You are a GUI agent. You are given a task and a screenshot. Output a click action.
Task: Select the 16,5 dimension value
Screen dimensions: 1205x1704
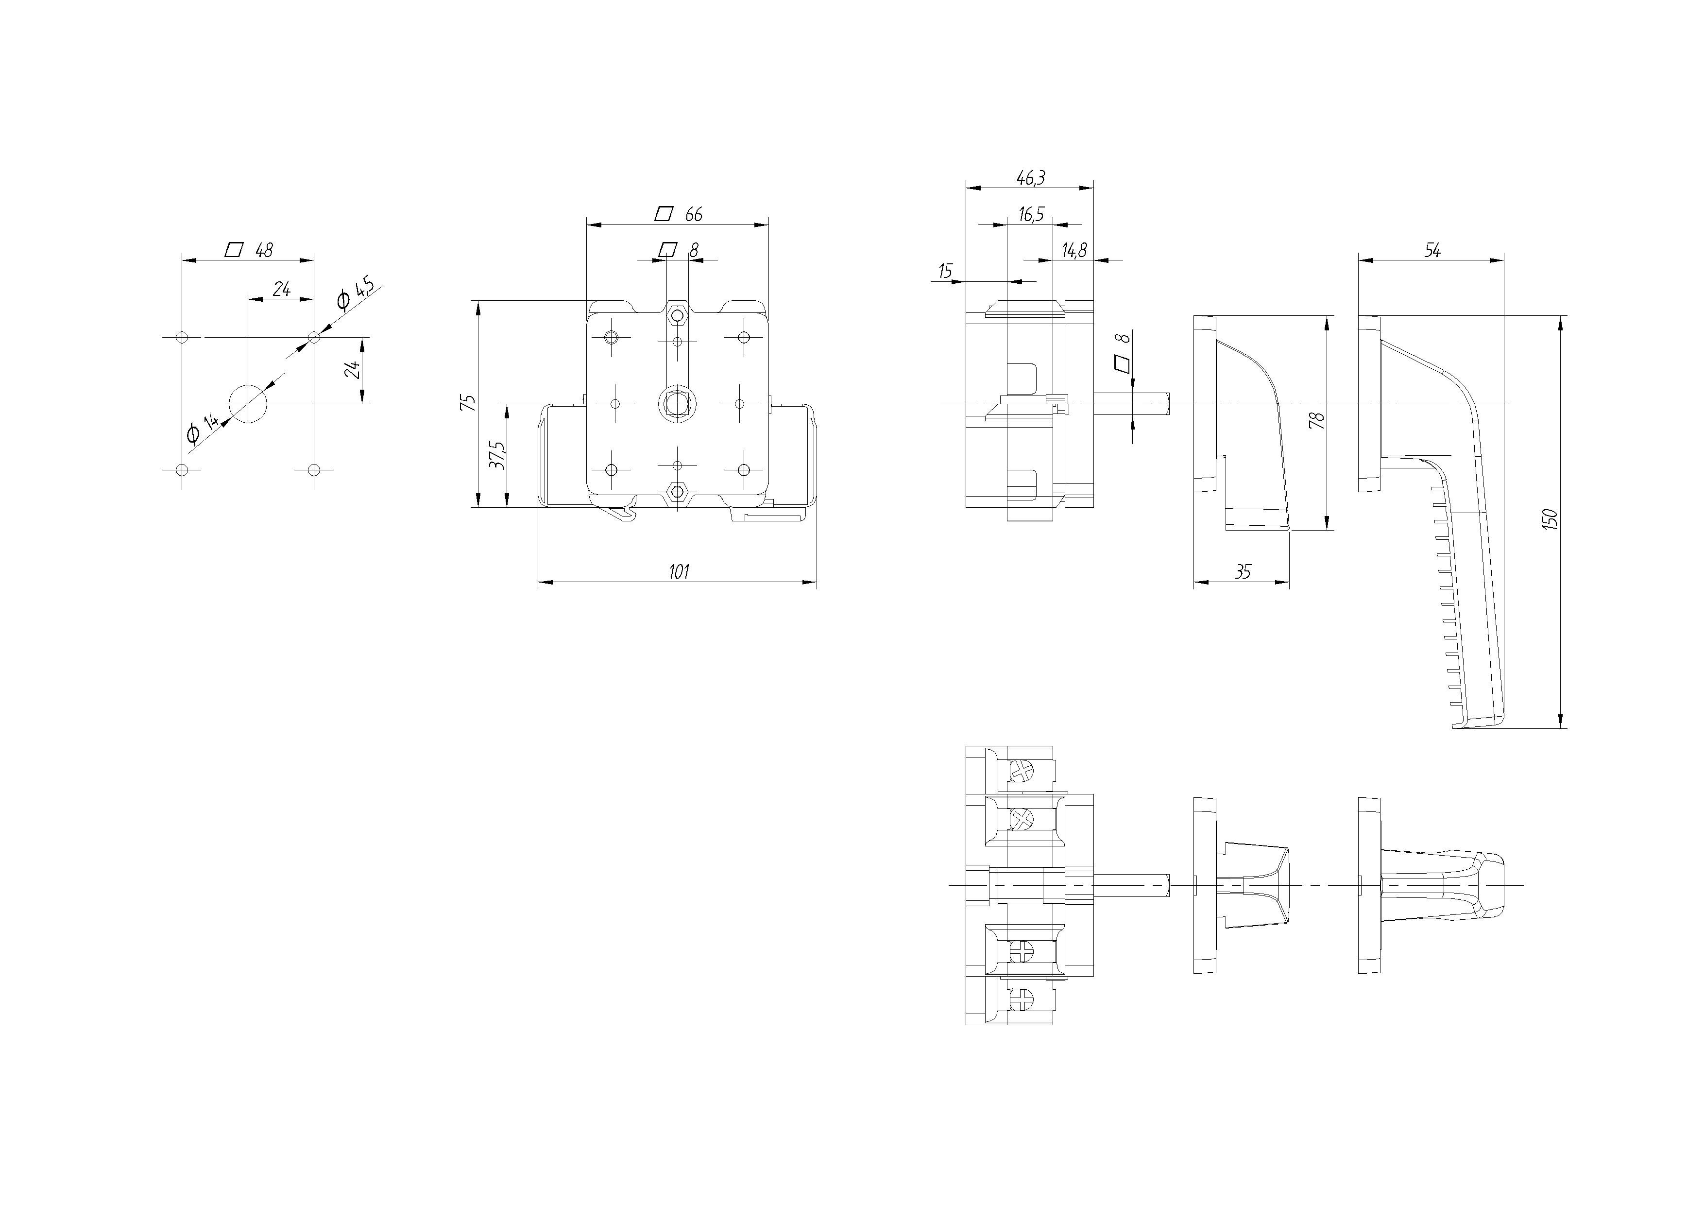pyautogui.click(x=1031, y=215)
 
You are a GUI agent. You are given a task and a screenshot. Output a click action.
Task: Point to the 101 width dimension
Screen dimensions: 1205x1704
pyautogui.click(x=678, y=572)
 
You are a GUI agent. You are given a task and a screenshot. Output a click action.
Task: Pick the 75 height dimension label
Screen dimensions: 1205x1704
pyautogui.click(x=468, y=403)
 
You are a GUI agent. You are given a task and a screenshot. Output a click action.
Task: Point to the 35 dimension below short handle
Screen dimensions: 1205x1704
pyautogui.click(x=1243, y=572)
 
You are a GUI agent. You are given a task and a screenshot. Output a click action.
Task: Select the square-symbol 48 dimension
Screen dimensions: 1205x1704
pyautogui.click(x=249, y=250)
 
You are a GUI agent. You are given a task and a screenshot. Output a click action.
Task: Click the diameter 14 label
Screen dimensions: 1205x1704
pyautogui.click(x=203, y=429)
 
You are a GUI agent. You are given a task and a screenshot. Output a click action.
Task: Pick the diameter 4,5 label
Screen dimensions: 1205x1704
pyautogui.click(x=355, y=295)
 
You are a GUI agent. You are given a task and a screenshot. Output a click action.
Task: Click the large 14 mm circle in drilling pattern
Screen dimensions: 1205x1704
pyautogui.click(x=248, y=404)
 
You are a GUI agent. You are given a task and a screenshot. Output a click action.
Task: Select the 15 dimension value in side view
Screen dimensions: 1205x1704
pyautogui.click(x=945, y=272)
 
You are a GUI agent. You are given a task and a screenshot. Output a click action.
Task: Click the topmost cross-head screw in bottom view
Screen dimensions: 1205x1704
pyautogui.click(x=1021, y=772)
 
